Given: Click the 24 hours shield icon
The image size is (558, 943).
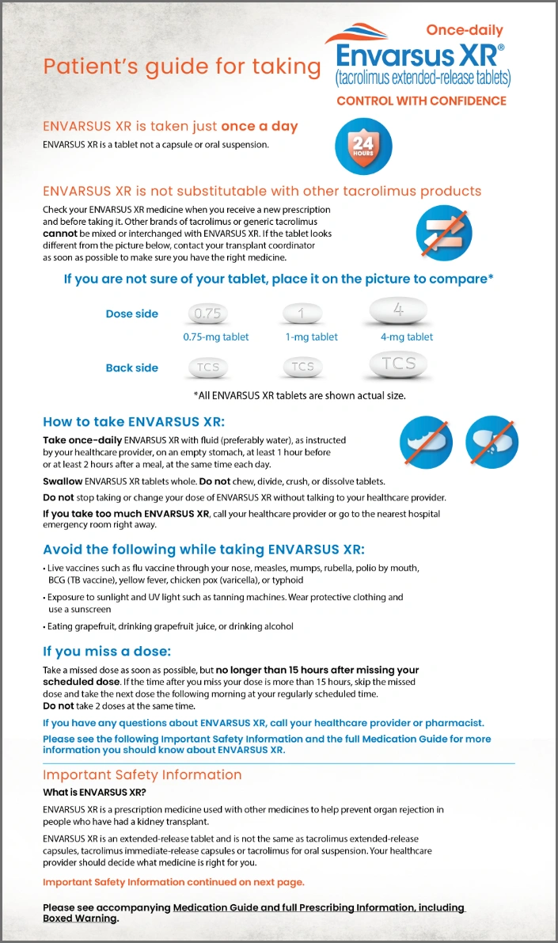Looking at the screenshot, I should [363, 146].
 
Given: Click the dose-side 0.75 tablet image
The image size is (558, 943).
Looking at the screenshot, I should [207, 314].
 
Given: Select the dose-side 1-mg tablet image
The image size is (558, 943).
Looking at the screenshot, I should [302, 314].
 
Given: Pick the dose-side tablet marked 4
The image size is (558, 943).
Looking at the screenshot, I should [398, 312].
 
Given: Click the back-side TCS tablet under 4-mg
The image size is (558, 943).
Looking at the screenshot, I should [398, 364].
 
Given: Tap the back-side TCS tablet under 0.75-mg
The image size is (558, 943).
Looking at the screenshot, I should [208, 367].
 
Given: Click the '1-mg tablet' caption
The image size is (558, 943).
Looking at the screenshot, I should [311, 337].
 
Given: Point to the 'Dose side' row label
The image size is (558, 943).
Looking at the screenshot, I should [131, 314].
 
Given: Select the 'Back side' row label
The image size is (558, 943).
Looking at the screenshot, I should [131, 368].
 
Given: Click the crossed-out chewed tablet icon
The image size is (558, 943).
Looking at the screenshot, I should [427, 442].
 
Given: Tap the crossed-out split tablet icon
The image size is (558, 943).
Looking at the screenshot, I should [492, 442].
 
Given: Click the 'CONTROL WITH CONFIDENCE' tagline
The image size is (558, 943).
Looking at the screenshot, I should [421, 101].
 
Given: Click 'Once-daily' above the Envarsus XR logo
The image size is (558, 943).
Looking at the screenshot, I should [464, 30].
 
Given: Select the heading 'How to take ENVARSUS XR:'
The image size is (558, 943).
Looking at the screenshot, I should [134, 422].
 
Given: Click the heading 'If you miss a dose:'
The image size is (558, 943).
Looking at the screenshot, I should [107, 652].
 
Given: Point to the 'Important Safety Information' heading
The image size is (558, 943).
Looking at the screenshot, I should [142, 775].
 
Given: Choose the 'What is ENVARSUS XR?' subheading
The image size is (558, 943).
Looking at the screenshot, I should [94, 793].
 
